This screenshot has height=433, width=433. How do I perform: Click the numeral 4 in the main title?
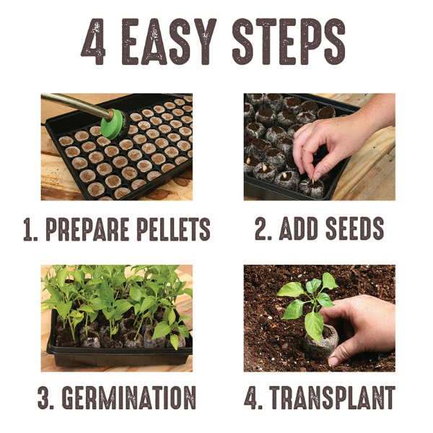click(93, 42)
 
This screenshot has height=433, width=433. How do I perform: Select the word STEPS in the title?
click(289, 42)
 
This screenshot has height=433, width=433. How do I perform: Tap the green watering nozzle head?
click(114, 124)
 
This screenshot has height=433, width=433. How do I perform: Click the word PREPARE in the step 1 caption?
click(87, 229)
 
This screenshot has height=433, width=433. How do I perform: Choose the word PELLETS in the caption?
click(173, 229)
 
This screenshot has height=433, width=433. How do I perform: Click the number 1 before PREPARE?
click(29, 229)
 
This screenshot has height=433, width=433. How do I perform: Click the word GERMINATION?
click(128, 398)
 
